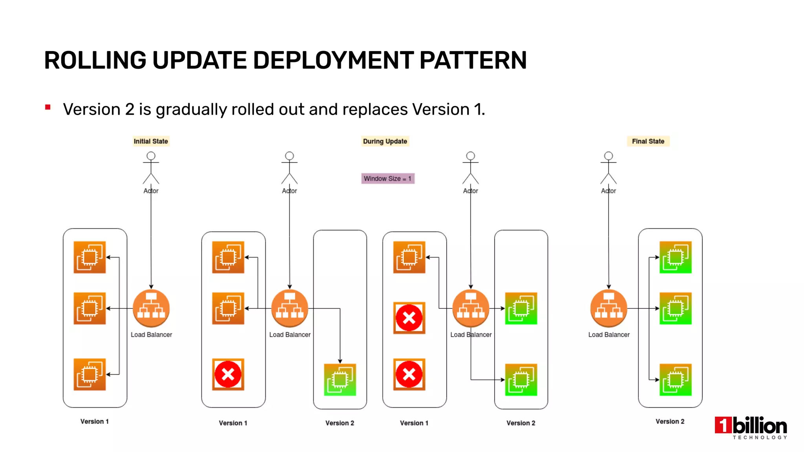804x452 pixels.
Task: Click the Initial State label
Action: [151, 141]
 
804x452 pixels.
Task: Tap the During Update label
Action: [385, 141]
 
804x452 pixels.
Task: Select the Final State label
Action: [648, 141]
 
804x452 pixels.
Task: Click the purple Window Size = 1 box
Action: [387, 179]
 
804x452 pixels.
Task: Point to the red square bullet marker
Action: [48, 107]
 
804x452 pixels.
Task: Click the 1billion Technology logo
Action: [751, 427]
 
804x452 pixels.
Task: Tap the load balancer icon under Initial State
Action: [151, 308]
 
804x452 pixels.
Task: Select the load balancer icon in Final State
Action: [608, 308]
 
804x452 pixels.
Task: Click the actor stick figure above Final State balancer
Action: [608, 168]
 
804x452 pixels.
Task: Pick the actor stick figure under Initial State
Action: [151, 168]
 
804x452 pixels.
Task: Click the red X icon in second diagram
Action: [228, 374]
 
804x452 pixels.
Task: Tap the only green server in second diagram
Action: [340, 380]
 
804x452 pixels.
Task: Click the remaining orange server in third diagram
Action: [409, 257]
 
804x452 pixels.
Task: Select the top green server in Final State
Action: [675, 257]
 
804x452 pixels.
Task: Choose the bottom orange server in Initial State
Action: [90, 374]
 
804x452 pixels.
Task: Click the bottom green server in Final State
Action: [675, 380]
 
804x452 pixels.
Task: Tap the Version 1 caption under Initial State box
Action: [95, 421]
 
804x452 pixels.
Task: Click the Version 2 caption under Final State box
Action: [670, 421]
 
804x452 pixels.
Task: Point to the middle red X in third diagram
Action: [409, 318]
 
